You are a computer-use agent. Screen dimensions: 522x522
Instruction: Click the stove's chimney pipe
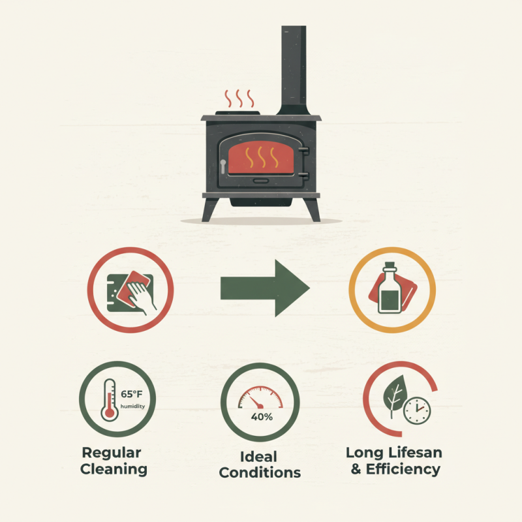tap(294, 69)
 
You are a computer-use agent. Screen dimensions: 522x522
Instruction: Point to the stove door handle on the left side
tap(223, 166)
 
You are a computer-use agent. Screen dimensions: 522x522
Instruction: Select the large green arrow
tap(264, 287)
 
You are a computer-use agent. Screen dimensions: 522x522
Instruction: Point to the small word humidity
tap(132, 407)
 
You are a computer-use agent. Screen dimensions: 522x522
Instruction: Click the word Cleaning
tap(114, 469)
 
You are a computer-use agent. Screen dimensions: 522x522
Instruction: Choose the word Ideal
tap(260, 457)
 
